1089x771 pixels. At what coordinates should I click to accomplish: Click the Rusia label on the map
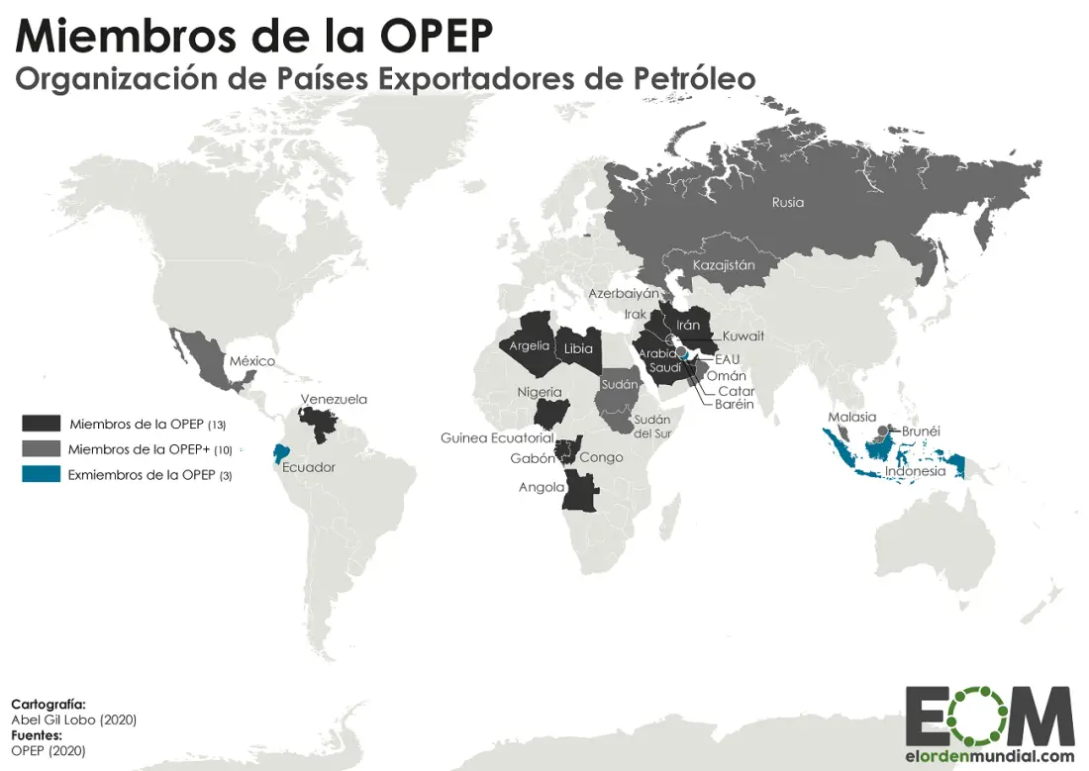pos(788,203)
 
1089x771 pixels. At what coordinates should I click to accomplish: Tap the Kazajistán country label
pos(724,265)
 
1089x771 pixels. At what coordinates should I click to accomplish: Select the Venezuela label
pos(334,400)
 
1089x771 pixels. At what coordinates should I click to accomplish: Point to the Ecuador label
pos(309,468)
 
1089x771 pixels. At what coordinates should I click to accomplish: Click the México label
pos(252,361)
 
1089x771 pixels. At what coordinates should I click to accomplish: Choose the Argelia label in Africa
pos(529,346)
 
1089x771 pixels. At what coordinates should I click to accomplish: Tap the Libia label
pos(578,348)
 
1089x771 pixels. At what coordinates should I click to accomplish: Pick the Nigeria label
pos(539,392)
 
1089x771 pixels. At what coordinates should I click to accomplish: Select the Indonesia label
pos(915,471)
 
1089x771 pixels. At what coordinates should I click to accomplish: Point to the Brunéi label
pos(921,432)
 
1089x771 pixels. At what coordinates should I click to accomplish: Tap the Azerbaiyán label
pos(624,294)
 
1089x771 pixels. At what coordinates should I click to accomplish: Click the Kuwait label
pos(743,337)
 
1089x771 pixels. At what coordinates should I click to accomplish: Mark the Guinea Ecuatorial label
pos(497,437)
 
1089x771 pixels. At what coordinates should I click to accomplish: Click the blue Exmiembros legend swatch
pos(42,475)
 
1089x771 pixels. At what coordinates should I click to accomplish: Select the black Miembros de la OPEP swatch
pos(42,424)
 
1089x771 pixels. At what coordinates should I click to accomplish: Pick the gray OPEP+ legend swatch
pos(42,449)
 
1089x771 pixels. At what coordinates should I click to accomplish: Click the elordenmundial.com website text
pos(989,756)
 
